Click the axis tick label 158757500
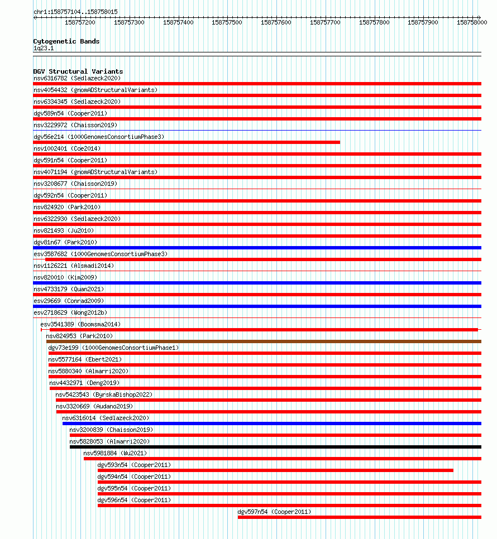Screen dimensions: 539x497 coord(228,22)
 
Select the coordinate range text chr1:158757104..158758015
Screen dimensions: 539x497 coord(75,12)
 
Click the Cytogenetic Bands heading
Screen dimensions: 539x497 coord(66,41)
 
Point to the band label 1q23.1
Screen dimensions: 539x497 coord(44,49)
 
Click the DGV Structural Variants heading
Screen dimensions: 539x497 coord(78,71)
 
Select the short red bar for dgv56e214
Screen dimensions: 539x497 coord(187,142)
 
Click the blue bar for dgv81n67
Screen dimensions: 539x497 coord(257,248)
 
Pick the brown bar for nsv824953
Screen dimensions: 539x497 coord(264,341)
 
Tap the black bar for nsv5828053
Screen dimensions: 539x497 coord(275,447)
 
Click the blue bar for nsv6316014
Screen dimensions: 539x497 coord(271,423)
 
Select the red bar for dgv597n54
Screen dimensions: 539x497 coord(359,517)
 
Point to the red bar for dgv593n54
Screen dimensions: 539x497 coord(275,470)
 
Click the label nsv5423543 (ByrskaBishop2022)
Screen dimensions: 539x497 coord(104,394)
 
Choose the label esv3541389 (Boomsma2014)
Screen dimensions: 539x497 coord(80,324)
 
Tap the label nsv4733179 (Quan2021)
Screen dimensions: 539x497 coord(69,289)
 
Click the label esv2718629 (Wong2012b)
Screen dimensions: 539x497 coord(70,312)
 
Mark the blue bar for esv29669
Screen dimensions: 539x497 coord(257,306)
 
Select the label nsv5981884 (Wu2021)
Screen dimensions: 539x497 coord(115,453)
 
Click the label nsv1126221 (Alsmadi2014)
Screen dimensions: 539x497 coord(74,266)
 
